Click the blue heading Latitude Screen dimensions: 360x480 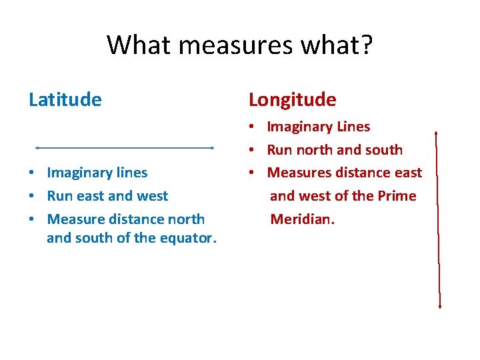pyautogui.click(x=65, y=100)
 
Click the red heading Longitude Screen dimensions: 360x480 pyautogui.click(x=292, y=100)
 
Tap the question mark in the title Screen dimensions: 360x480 pyautogui.click(x=366, y=45)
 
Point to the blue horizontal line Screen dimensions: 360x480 pyautogui.click(x=124, y=147)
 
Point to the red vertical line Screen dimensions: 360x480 pyautogui.click(x=437, y=220)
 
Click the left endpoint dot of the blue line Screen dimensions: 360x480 pyautogui.click(x=37, y=147)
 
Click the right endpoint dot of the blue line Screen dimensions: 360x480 pyautogui.click(x=211, y=147)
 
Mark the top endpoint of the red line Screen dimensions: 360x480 pyautogui.click(x=435, y=133)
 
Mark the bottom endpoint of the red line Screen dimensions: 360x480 pyautogui.click(x=440, y=307)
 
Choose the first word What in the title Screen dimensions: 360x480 pyautogui.click(x=131, y=45)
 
